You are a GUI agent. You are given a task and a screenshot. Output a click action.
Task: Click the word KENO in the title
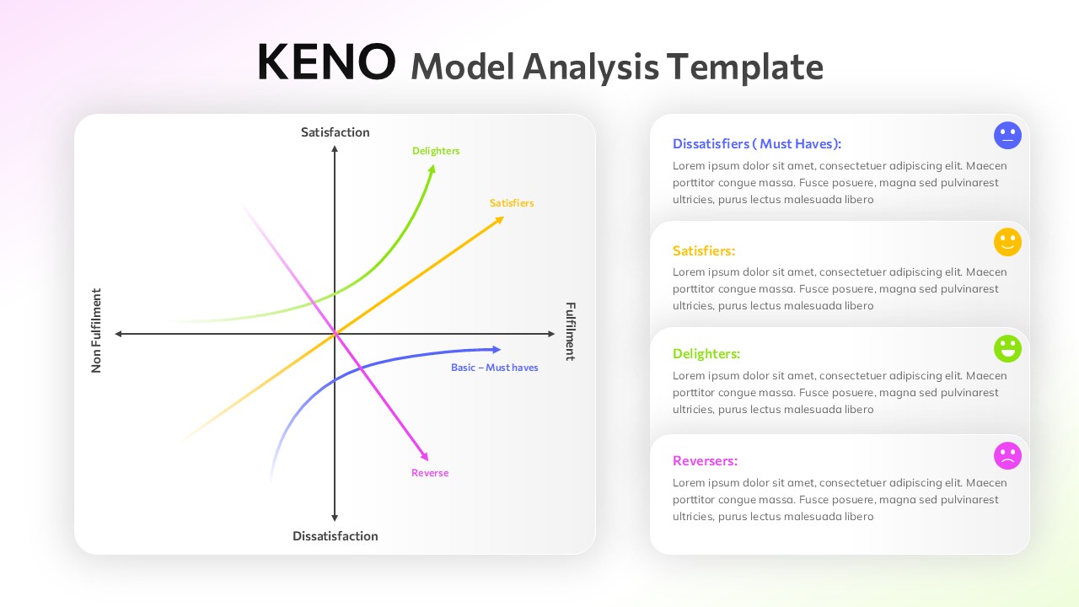tap(325, 62)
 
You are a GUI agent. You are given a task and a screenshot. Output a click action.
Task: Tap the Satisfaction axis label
tap(335, 132)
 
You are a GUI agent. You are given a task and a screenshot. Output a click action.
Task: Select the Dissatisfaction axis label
tap(335, 536)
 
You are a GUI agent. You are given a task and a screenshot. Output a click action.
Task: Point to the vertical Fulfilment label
tap(570, 331)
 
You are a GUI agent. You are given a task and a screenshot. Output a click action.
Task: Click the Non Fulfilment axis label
tap(96, 330)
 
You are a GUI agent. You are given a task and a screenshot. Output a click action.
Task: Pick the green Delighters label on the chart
tap(436, 151)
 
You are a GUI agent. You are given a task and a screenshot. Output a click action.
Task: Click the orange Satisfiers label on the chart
tap(512, 203)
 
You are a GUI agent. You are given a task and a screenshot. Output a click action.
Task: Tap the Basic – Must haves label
tap(494, 368)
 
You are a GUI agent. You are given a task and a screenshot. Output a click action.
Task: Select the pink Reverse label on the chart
tap(430, 473)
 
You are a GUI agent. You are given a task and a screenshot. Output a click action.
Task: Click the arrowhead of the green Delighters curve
tap(433, 168)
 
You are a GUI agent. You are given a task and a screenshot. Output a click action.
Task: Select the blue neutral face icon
tap(1007, 135)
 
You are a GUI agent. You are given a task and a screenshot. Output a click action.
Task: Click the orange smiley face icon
tap(1007, 242)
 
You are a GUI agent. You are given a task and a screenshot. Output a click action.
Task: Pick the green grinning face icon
tap(1007, 348)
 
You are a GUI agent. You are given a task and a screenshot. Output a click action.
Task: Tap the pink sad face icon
tap(1007, 455)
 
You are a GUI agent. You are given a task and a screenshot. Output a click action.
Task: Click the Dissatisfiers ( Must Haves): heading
tap(756, 144)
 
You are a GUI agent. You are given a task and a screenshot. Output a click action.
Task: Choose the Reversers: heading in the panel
tap(705, 461)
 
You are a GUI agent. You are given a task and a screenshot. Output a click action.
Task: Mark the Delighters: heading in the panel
tap(706, 354)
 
